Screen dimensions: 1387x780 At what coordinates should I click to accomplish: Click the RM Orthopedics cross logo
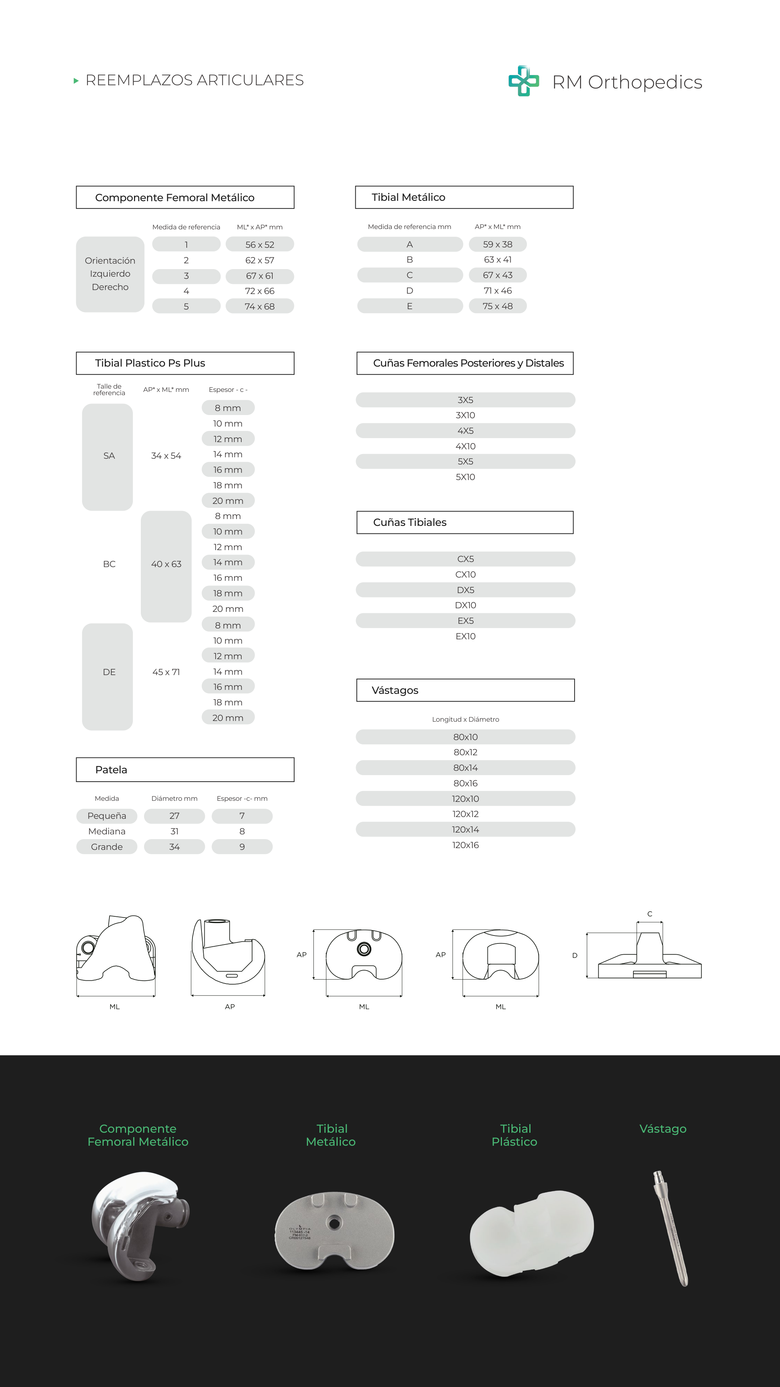523,81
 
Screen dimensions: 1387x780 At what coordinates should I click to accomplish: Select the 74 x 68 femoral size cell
260,306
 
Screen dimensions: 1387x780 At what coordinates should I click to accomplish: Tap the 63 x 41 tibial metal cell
497,260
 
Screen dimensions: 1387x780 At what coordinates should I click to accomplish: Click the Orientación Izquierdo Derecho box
110,274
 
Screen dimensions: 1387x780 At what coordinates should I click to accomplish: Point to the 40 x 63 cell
166,564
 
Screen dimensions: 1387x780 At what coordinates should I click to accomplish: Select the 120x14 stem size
465,830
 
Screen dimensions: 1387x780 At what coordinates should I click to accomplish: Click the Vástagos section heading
395,690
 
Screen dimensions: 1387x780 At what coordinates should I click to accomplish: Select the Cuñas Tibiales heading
409,522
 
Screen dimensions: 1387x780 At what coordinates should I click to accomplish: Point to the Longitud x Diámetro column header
465,720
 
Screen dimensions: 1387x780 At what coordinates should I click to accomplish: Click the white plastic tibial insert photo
531,1233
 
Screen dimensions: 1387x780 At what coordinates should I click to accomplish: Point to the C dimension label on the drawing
650,914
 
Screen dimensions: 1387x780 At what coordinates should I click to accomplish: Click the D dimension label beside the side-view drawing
575,955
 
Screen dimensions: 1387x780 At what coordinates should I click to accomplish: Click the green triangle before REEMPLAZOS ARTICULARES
76,81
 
